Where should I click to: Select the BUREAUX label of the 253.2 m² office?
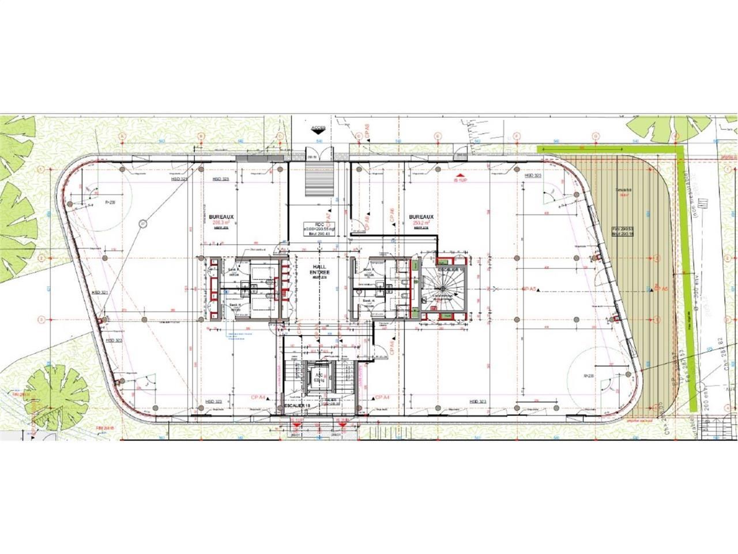pos(421,217)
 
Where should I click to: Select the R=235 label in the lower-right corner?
pos(588,376)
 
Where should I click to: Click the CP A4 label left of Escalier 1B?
pos(258,398)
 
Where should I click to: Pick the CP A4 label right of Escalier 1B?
pos(382,398)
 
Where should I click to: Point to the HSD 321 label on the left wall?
pos(100,293)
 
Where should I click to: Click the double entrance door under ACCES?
pos(318,155)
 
